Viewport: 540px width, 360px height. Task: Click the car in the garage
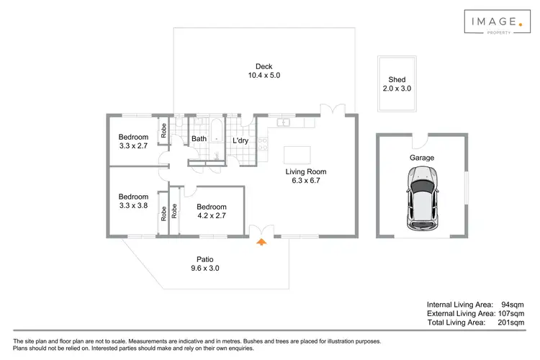[x=421, y=198]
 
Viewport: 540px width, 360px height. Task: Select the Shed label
[x=397, y=79]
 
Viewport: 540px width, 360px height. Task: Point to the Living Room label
[x=306, y=171]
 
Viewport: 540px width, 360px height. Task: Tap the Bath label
[x=199, y=139]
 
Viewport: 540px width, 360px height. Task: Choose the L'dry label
[x=240, y=140]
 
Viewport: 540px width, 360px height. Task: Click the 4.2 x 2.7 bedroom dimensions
[x=212, y=215]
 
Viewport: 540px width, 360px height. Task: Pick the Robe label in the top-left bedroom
[x=164, y=130]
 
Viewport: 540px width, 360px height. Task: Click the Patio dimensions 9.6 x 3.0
[x=204, y=268]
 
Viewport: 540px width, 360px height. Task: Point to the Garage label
[x=421, y=157]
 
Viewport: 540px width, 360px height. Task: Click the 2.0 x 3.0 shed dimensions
[x=397, y=89]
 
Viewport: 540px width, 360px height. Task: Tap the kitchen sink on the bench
[x=285, y=122]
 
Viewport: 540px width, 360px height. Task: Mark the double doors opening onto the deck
[x=332, y=109]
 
